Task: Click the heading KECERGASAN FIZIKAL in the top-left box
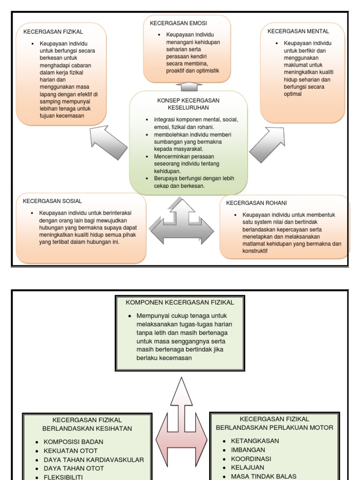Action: point(50,32)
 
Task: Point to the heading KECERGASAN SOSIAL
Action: point(52,201)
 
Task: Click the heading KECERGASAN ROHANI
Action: point(256,203)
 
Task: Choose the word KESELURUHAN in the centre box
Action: point(188,107)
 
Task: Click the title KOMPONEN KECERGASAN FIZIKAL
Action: point(180,302)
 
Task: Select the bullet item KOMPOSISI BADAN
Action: point(74,442)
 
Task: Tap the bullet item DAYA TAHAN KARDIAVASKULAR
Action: point(94,459)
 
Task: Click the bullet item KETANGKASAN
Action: point(255,441)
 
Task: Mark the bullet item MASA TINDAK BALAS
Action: point(263,476)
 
